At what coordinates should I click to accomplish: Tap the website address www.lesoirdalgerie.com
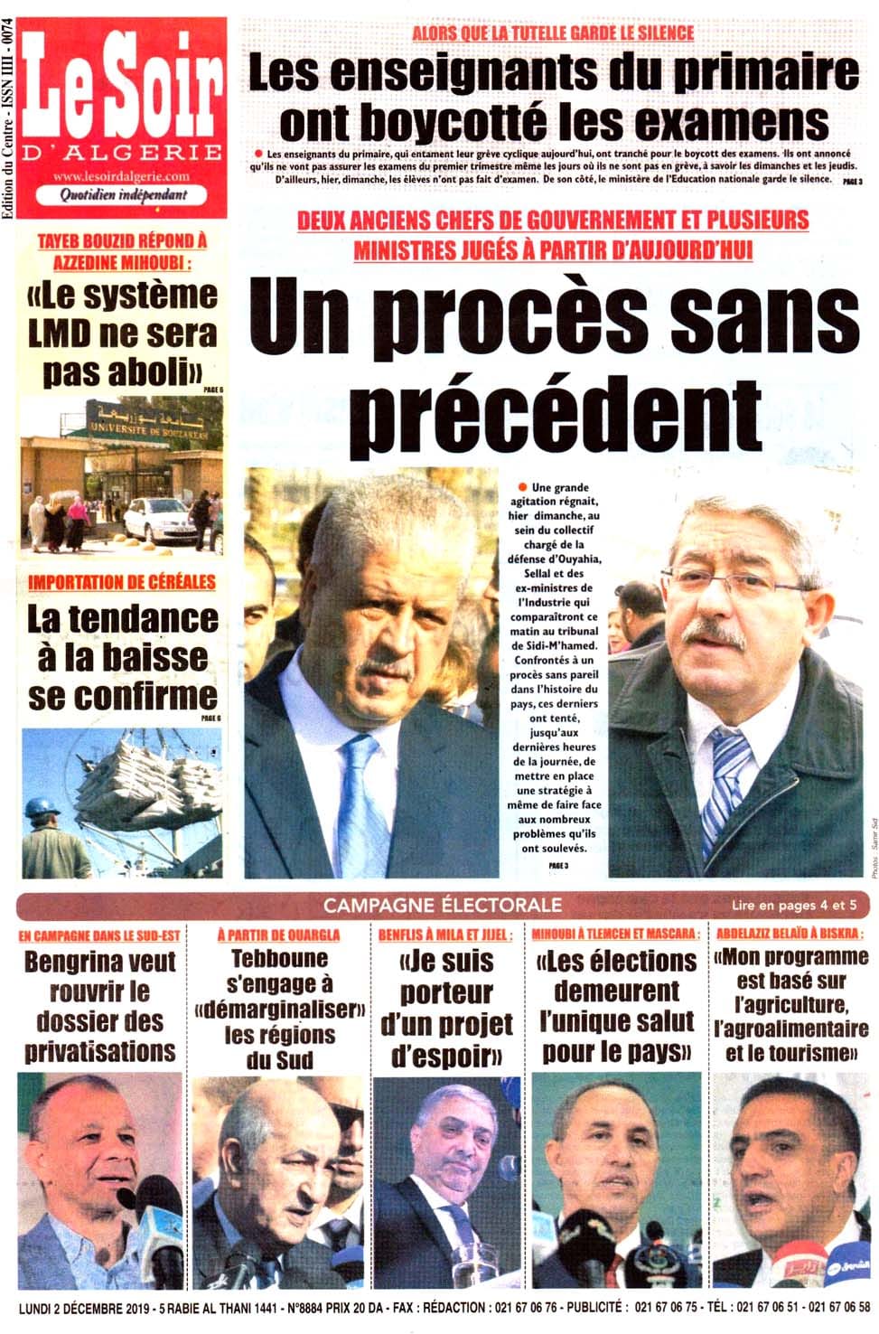[x=121, y=177]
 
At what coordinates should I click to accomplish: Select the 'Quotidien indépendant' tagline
[x=123, y=194]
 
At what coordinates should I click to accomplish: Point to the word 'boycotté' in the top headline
[x=470, y=121]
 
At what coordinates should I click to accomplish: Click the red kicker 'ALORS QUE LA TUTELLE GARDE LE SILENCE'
[x=553, y=33]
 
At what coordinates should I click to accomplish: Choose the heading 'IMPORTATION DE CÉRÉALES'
[x=122, y=581]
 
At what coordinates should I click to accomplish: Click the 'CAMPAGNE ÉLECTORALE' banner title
[x=443, y=905]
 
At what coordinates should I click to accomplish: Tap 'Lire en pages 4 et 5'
[x=794, y=905]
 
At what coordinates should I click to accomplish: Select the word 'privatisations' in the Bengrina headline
[x=99, y=1052]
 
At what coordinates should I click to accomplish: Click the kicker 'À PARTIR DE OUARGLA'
[x=278, y=935]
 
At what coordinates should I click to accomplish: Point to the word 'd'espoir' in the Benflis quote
[x=446, y=1056]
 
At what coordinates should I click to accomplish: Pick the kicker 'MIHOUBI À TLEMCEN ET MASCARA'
[x=615, y=935]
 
